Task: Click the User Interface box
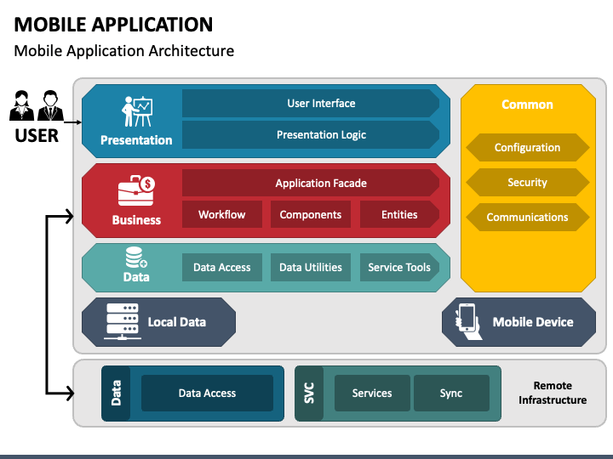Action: [x=311, y=104]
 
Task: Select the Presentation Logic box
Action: [x=311, y=134]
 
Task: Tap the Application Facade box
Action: [x=311, y=183]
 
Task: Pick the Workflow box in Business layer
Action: [x=222, y=214]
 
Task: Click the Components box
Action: [x=311, y=214]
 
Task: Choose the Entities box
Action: [x=399, y=214]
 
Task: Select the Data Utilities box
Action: [x=311, y=268]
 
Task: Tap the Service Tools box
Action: [x=399, y=268]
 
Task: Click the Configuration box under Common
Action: [x=527, y=148]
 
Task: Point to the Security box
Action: [x=527, y=182]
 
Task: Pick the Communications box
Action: [x=527, y=217]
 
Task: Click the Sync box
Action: [x=451, y=393]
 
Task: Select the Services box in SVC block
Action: [x=372, y=393]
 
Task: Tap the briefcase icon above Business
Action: [x=136, y=190]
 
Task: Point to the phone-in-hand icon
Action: [x=468, y=321]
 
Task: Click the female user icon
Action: [x=21, y=105]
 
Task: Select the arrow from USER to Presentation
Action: [x=72, y=122]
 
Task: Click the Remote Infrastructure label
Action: [x=553, y=393]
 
